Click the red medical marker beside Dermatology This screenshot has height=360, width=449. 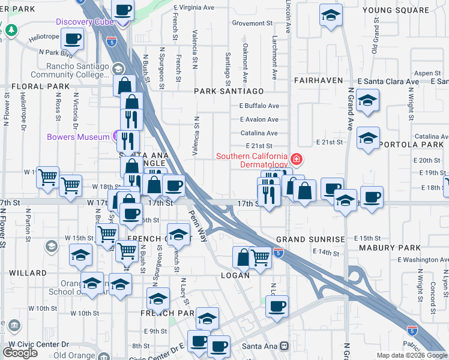(295, 160)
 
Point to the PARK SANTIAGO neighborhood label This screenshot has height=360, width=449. (229, 91)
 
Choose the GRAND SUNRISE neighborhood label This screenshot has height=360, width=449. (310, 239)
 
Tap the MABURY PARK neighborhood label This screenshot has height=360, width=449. (390, 247)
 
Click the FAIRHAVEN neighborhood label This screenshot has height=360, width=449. (318, 80)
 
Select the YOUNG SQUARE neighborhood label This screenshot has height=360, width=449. (396, 10)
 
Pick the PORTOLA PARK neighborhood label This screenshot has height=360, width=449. (415, 145)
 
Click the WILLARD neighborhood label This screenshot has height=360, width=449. (28, 273)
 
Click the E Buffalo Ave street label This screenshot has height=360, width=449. (259, 106)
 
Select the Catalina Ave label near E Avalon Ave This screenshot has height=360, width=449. (259, 133)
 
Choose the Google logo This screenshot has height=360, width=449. (20, 353)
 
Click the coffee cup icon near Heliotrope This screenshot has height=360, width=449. (72, 40)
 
